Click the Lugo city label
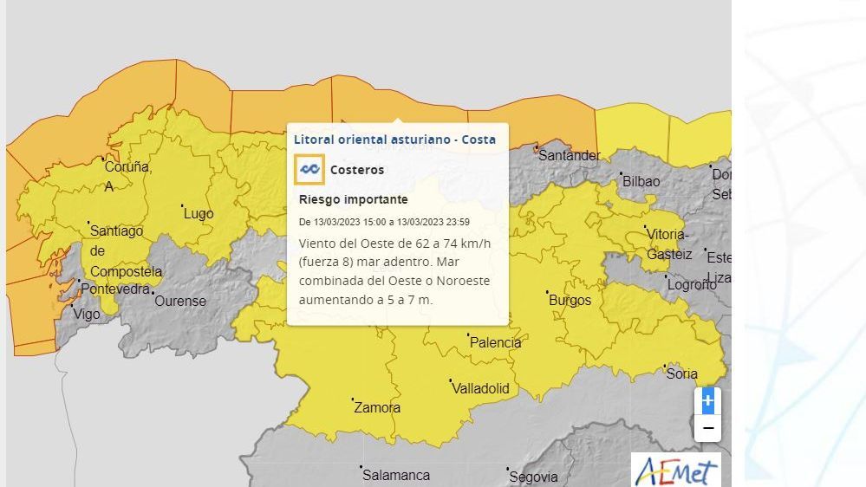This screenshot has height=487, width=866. pos(199,214)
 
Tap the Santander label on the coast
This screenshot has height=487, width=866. pos(569,156)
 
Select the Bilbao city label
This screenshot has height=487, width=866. pos(641,182)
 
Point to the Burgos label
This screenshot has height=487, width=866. pos(570,301)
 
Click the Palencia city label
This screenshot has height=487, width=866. pos(495,343)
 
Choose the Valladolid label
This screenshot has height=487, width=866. pos(480,389)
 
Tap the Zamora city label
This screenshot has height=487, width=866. pos(377,408)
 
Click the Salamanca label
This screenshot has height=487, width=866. pos(396,476)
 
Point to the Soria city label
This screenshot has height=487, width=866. pos(681,374)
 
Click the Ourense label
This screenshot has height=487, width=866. pos(180,302)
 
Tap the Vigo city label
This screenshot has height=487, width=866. pos(86,315)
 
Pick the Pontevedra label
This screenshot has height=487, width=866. pos(115,289)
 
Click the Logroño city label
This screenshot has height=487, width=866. pos(691,285)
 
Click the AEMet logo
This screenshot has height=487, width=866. pos(675,471)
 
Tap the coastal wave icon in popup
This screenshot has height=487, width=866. pos(309,170)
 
